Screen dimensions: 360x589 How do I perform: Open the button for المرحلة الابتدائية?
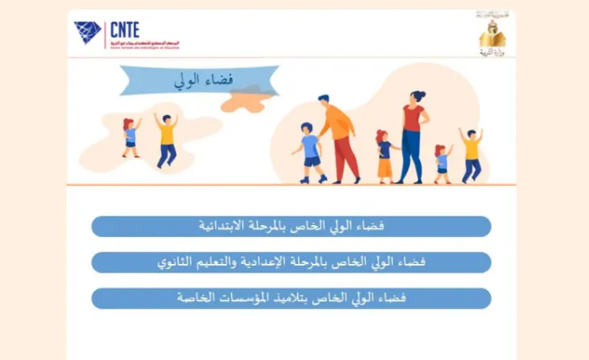[x=291, y=227]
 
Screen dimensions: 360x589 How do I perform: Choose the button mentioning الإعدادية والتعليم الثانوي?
[x=291, y=262]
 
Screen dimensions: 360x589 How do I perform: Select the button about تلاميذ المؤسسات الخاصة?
[x=291, y=298]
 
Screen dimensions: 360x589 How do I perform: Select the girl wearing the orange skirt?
[x=384, y=157]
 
